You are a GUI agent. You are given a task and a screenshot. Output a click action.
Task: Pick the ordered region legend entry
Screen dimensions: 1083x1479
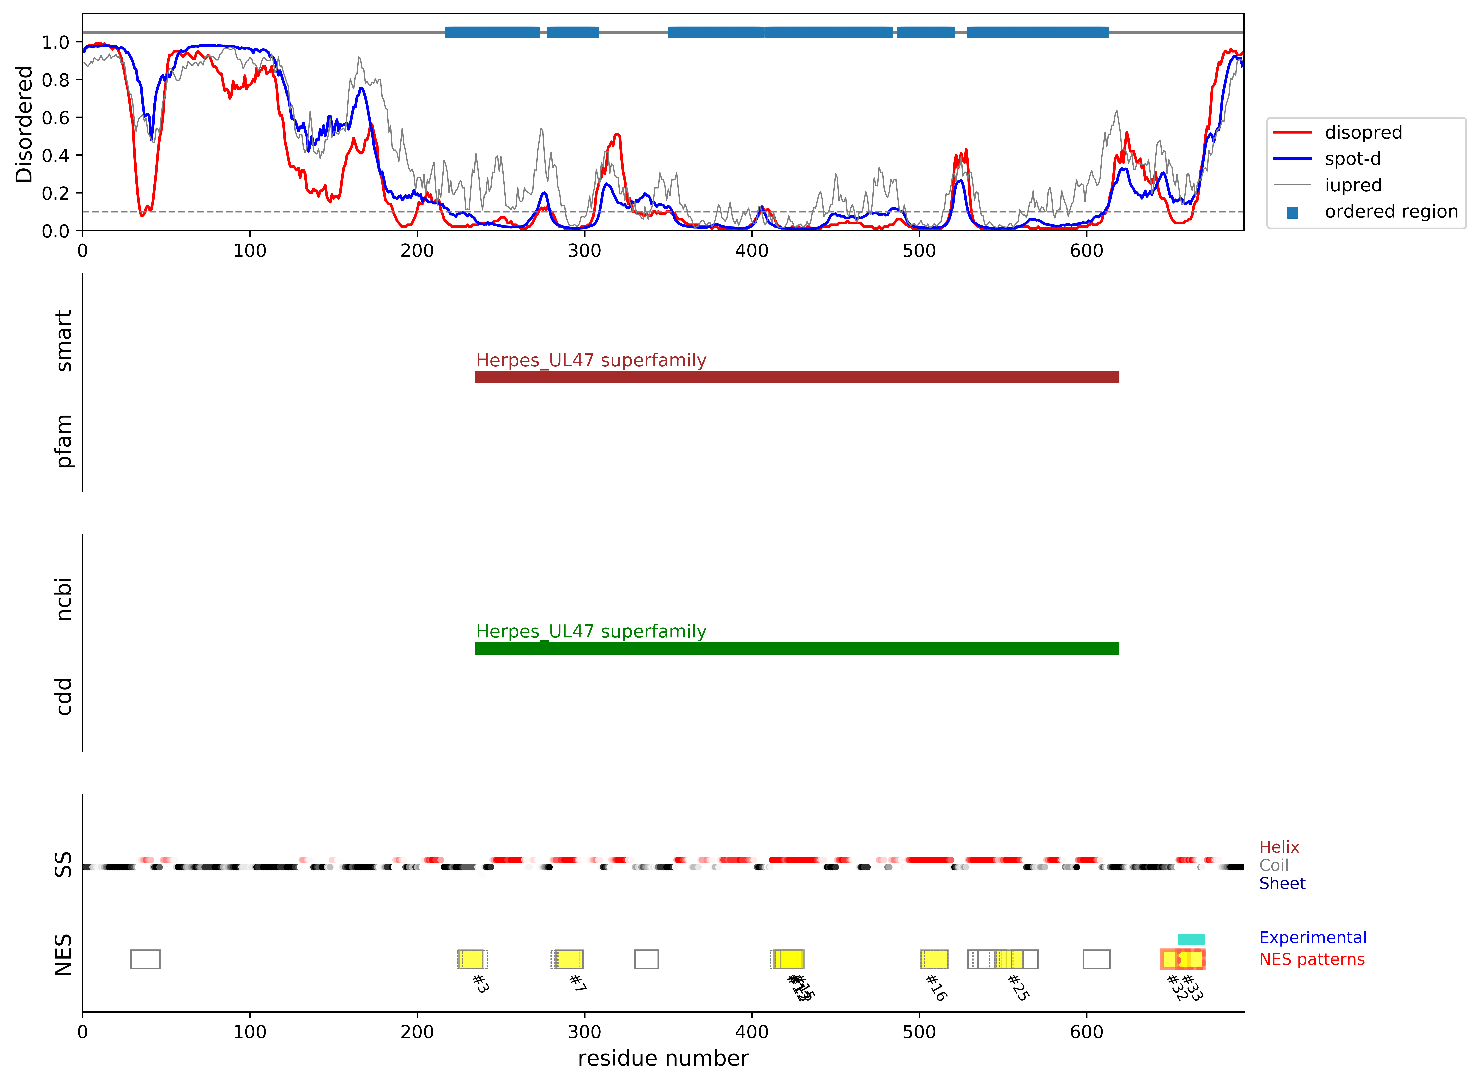[1390, 212]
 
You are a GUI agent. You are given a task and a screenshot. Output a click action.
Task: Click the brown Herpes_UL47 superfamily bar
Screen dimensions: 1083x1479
[796, 377]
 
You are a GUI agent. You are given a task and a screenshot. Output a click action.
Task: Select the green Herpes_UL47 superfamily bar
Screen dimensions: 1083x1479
[796, 648]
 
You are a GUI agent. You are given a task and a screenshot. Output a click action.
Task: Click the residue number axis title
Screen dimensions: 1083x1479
[662, 1058]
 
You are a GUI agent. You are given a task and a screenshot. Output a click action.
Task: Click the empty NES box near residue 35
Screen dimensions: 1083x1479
[145, 959]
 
